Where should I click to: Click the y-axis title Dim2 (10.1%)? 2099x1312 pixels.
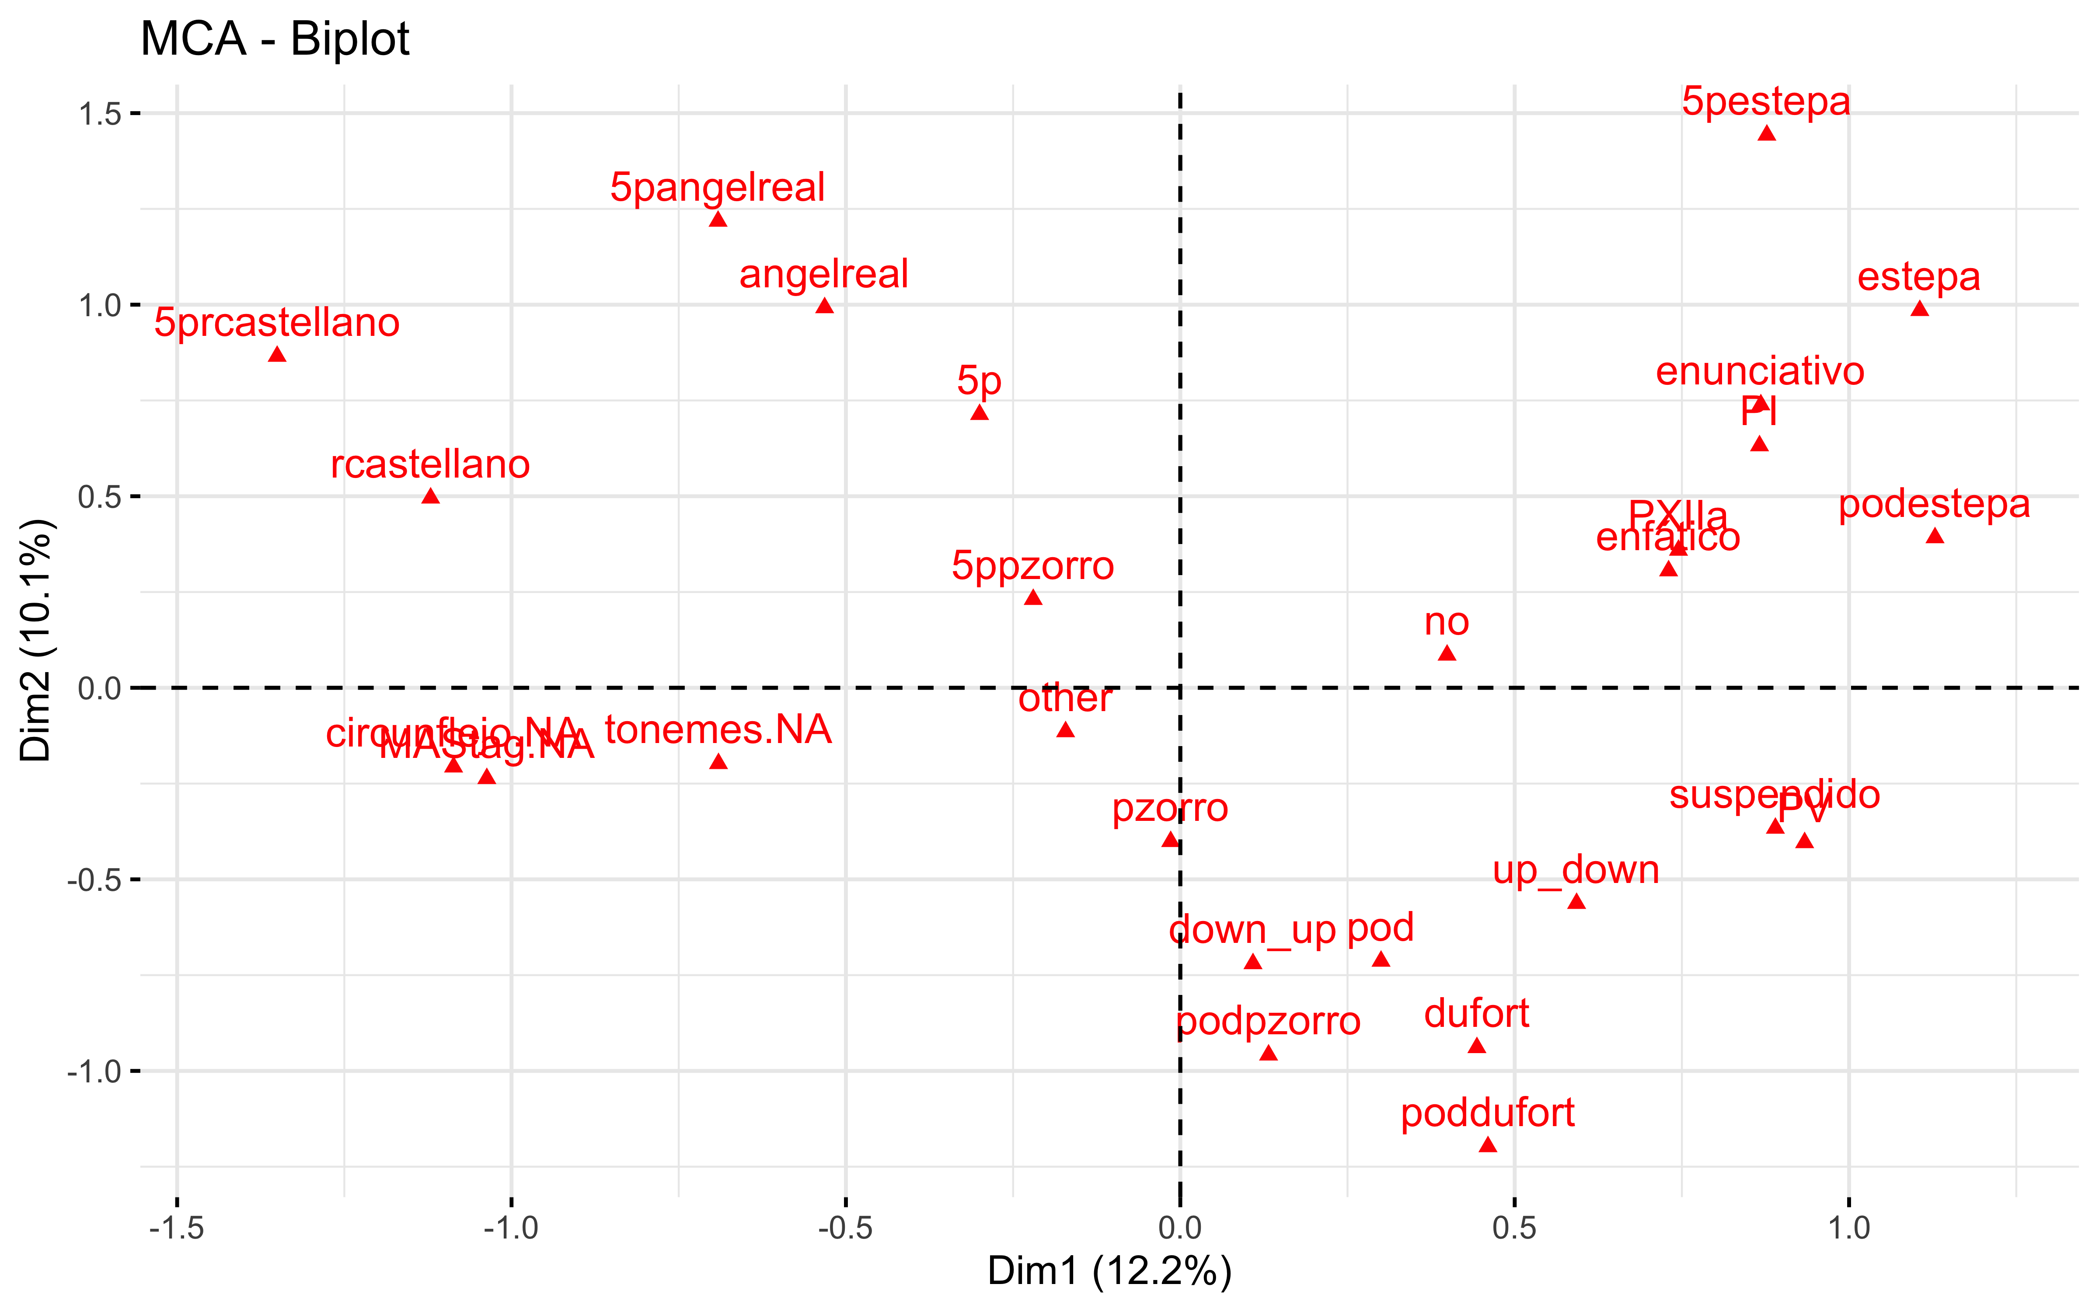click(36, 640)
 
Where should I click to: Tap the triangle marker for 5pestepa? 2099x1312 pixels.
click(1767, 133)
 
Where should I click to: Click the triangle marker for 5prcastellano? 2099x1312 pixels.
click(277, 354)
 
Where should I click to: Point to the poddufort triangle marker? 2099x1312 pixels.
click(1488, 1145)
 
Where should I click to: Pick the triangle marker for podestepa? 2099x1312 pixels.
click(1934, 535)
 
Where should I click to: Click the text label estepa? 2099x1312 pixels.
click(1918, 277)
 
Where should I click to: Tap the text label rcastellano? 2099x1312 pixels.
click(430, 464)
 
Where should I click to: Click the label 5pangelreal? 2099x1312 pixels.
click(717, 187)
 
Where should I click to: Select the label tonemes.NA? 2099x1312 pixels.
click(718, 730)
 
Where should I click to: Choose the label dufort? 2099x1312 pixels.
click(1476, 1013)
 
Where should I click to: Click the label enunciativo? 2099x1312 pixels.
click(1760, 371)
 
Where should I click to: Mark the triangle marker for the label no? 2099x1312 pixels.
click(1447, 653)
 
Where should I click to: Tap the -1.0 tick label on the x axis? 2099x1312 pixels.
click(511, 1229)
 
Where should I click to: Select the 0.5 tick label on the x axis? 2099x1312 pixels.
click(1514, 1229)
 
